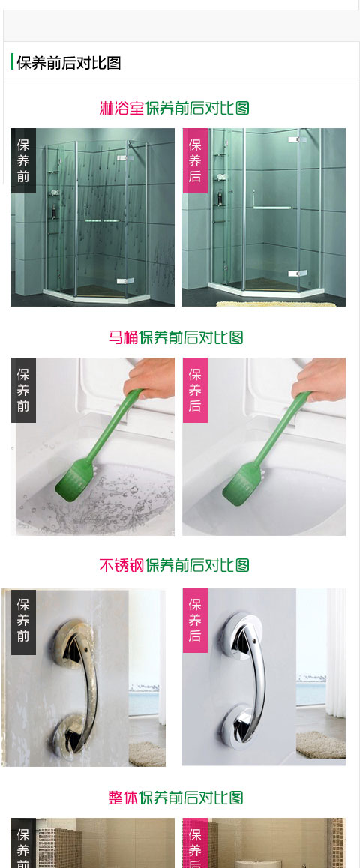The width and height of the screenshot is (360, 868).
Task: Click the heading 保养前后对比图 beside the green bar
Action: (69, 62)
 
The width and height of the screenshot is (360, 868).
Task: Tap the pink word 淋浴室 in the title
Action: (121, 107)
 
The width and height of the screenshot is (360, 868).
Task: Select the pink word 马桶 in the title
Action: (123, 337)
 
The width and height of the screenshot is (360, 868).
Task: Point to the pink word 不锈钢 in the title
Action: (121, 565)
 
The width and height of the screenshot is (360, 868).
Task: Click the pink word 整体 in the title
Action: (123, 798)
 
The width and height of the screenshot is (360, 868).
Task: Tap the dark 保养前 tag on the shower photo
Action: (23, 160)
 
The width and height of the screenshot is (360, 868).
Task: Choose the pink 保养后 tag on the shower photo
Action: (195, 160)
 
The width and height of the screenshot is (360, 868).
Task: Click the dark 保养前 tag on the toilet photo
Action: (23, 390)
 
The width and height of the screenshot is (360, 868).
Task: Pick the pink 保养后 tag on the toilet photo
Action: (195, 390)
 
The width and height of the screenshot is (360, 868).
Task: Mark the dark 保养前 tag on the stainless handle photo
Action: (23, 621)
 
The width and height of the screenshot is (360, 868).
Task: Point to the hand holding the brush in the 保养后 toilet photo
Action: (319, 379)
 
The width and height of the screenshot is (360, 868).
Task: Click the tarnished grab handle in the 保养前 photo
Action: (75, 687)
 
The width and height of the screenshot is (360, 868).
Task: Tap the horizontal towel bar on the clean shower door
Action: (272, 208)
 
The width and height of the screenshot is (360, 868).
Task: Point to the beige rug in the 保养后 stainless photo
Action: (321, 744)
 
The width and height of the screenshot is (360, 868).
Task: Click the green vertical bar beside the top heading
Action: (12, 62)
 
